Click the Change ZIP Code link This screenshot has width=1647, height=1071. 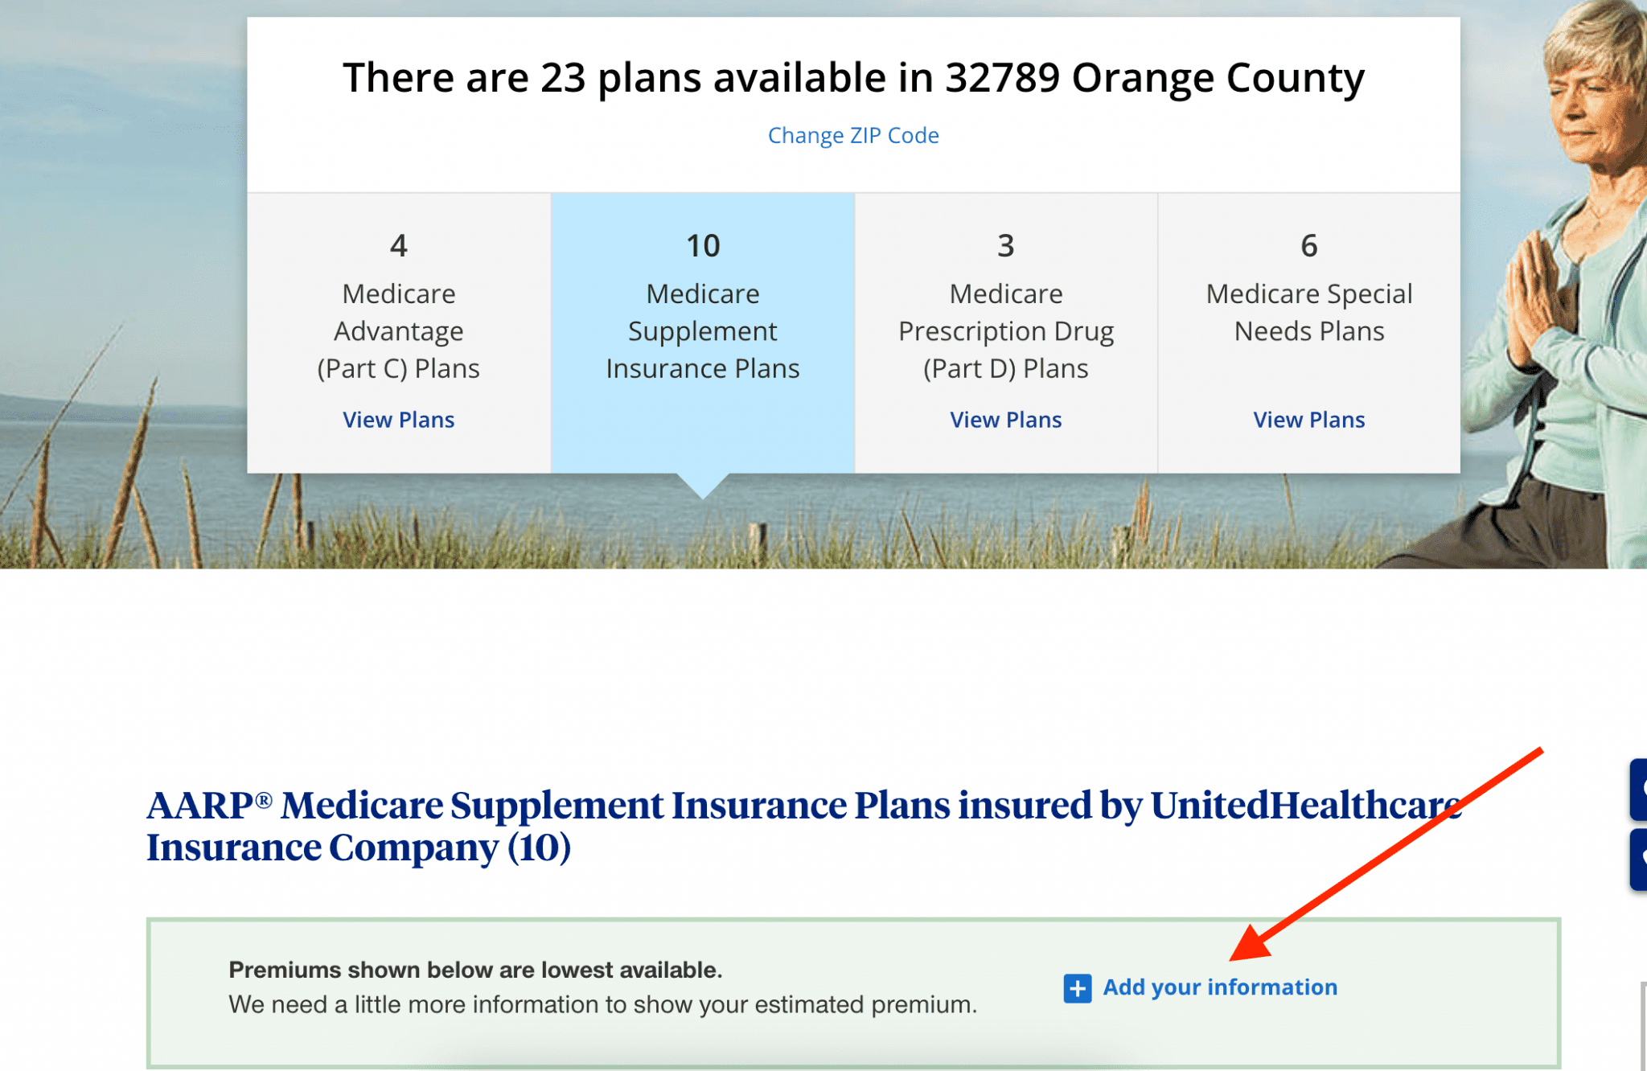click(x=853, y=135)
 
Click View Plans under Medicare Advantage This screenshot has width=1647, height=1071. click(x=398, y=420)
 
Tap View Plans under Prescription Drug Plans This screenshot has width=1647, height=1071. click(x=1005, y=420)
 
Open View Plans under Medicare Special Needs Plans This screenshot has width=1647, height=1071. click(x=1308, y=420)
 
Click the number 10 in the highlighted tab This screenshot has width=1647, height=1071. click(x=702, y=246)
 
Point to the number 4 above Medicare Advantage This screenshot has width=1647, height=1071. click(x=398, y=246)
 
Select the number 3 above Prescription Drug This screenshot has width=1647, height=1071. click(x=1005, y=246)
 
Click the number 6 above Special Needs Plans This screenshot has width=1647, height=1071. click(x=1308, y=246)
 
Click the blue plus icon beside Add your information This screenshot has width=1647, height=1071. click(x=1077, y=988)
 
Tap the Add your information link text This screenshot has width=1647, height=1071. click(x=1220, y=987)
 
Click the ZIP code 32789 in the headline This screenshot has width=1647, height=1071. click(x=1002, y=78)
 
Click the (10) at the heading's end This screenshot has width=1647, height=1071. click(x=539, y=847)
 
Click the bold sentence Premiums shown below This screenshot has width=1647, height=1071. click(x=475, y=970)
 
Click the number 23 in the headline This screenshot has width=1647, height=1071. click(x=562, y=78)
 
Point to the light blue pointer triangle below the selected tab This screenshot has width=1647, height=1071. click(x=703, y=485)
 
